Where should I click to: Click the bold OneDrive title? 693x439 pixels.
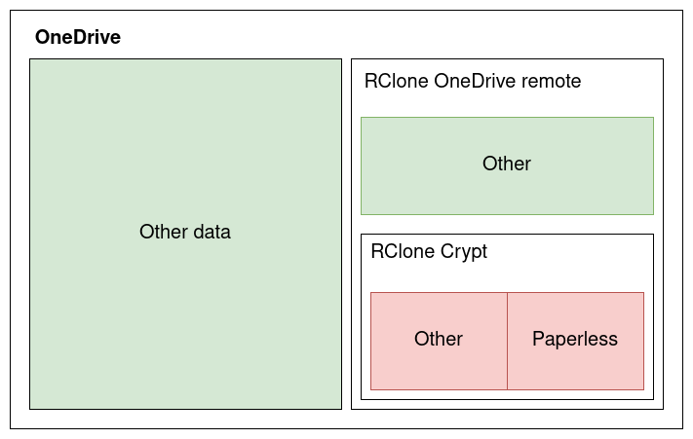(78, 38)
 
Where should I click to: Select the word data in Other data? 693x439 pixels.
(211, 232)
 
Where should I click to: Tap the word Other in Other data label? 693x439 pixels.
(162, 232)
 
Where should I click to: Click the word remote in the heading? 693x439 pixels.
(550, 81)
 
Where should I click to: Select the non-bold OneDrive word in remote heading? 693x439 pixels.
(475, 81)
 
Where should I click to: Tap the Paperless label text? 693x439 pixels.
(575, 339)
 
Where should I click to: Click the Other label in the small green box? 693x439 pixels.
(507, 164)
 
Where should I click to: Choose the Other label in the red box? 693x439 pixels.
(439, 339)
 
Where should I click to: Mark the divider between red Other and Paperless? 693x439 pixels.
(507, 341)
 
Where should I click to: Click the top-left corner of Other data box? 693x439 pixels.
(30, 59)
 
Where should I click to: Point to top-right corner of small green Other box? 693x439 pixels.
(653, 118)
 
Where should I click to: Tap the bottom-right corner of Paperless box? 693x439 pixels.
(643, 389)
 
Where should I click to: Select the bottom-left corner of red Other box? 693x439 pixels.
(371, 389)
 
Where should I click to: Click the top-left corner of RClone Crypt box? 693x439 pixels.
(362, 235)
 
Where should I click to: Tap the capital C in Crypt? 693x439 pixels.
(442, 252)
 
